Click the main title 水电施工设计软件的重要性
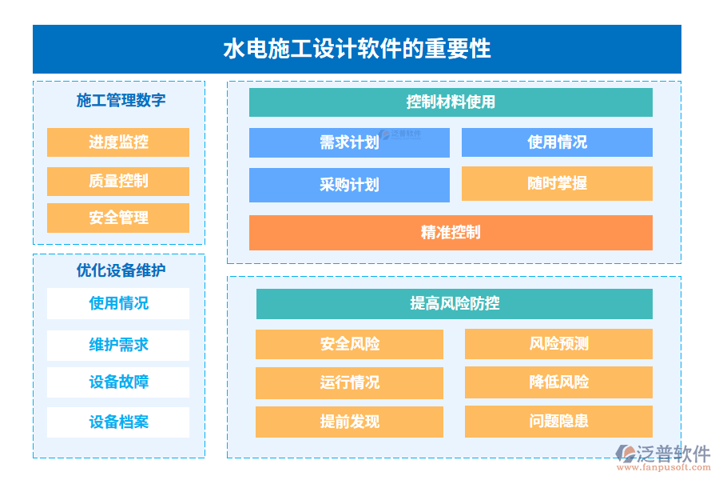tap(356, 49)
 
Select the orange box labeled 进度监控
tap(118, 142)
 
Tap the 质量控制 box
tap(118, 181)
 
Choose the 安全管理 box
tap(118, 218)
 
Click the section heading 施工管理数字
tap(121, 101)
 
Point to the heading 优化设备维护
tap(121, 270)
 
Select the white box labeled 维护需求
tap(118, 345)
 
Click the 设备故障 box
tap(118, 382)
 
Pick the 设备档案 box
tap(118, 422)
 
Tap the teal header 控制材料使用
tap(451, 102)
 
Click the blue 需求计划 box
tap(349, 143)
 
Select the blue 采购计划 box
tap(349, 185)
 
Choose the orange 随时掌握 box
tap(557, 183)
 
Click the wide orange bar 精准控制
tap(451, 233)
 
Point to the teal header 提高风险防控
tap(454, 304)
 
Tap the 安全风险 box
tap(349, 344)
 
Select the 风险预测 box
tap(558, 344)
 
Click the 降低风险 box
tap(558, 382)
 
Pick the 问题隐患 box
tap(558, 421)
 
